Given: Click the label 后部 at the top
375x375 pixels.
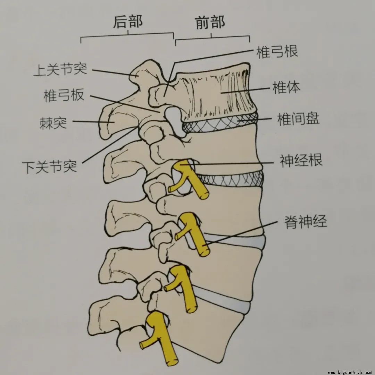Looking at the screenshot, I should [x=128, y=22].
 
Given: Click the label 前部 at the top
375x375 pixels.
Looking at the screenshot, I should [x=210, y=22].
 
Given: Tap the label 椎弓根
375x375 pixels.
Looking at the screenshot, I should [x=277, y=52].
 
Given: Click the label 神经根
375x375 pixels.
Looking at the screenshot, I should [x=301, y=160].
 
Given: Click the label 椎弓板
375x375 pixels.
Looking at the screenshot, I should [x=64, y=95].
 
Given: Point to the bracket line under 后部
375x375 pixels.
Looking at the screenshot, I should [x=127, y=35].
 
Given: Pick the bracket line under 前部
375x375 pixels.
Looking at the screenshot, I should [x=212, y=38].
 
